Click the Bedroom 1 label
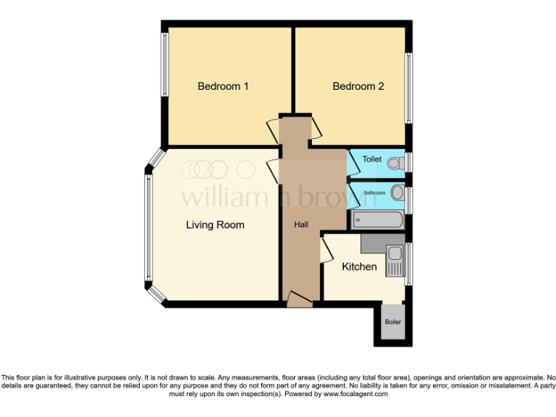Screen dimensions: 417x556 click(x=223, y=86)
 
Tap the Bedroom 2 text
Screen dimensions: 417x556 click(x=358, y=86)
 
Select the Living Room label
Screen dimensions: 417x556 click(x=215, y=224)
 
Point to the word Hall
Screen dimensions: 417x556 click(x=300, y=225)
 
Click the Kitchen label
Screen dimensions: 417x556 click(x=359, y=266)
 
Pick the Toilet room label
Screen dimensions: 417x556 click(x=371, y=159)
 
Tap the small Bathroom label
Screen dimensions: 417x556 click(x=374, y=193)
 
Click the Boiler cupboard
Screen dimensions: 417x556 click(x=392, y=322)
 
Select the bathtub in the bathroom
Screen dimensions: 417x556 click(x=376, y=220)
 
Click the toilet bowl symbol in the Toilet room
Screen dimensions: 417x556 click(x=395, y=163)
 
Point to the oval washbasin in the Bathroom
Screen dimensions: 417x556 click(x=397, y=193)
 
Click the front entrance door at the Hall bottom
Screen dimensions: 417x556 click(x=299, y=299)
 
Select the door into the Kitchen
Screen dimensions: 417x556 click(x=326, y=250)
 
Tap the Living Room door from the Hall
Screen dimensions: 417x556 click(x=273, y=172)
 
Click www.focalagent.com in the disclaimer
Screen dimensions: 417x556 click(x=355, y=395)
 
